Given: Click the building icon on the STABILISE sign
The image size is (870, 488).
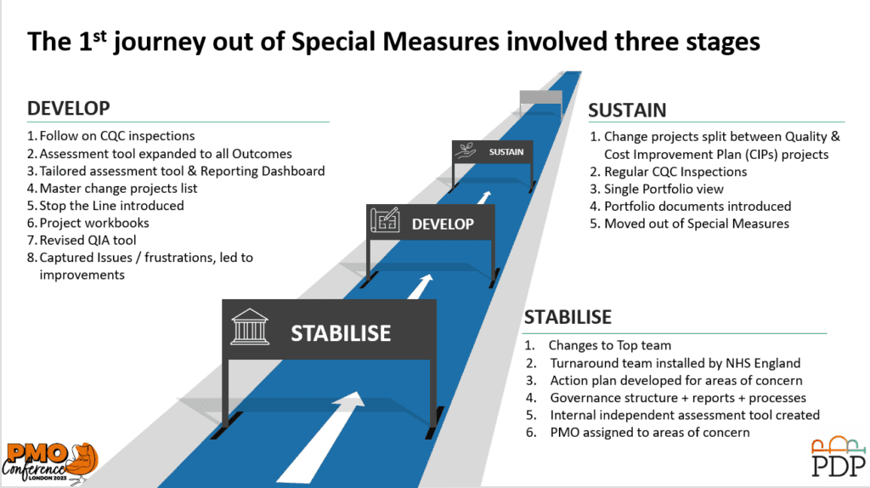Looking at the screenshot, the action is pyautogui.click(x=250, y=327).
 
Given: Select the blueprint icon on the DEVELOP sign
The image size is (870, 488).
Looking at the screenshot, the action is pyautogui.click(x=385, y=220).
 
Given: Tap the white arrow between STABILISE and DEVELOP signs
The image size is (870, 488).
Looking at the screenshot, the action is pyautogui.click(x=421, y=287).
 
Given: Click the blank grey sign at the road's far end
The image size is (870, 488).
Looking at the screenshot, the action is pyautogui.click(x=541, y=97).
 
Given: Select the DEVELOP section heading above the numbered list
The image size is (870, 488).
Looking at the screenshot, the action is pyautogui.click(x=69, y=108).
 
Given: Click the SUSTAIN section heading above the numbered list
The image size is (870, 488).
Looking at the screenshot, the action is pyautogui.click(x=627, y=111).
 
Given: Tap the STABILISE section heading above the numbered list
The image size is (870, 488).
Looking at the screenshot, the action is pyautogui.click(x=568, y=317).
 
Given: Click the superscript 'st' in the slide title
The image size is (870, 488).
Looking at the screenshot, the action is pyautogui.click(x=99, y=37).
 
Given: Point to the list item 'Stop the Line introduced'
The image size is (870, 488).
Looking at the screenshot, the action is pyautogui.click(x=111, y=206).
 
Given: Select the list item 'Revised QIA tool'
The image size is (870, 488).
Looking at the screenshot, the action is pyautogui.click(x=88, y=240).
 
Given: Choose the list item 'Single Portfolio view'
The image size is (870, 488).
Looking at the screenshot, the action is pyautogui.click(x=664, y=189).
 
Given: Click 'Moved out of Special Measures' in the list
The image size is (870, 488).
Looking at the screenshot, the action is pyautogui.click(x=697, y=224).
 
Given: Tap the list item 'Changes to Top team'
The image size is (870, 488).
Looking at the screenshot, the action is pyautogui.click(x=610, y=345).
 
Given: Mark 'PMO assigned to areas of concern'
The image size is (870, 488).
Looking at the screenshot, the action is pyautogui.click(x=650, y=432).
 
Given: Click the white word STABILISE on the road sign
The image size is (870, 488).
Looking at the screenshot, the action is pyautogui.click(x=341, y=333).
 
